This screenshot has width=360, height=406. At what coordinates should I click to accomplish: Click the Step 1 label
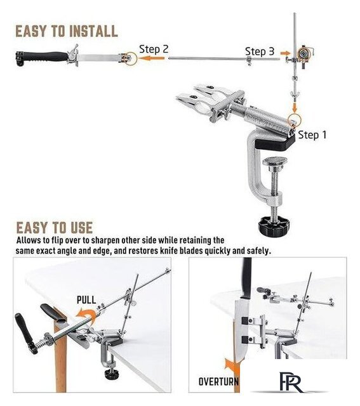pyautogui.click(x=312, y=135)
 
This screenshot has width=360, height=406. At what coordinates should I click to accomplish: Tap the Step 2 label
pyautogui.click(x=154, y=49)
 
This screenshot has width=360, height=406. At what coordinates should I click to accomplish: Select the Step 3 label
pyautogui.click(x=260, y=51)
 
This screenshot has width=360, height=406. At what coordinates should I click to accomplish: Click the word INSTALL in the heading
pyautogui.click(x=94, y=31)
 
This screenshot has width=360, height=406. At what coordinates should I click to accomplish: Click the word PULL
pyautogui.click(x=86, y=300)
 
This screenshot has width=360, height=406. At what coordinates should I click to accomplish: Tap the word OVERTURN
pyautogui.click(x=218, y=381)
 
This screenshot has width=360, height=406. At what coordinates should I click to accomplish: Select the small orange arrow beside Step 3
pyautogui.click(x=285, y=53)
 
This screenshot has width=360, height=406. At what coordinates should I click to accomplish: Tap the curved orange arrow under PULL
pyautogui.click(x=86, y=315)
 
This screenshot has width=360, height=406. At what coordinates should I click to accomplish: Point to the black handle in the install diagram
pyautogui.click(x=41, y=58)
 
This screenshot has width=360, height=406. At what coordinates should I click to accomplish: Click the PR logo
pyautogui.click(x=291, y=382)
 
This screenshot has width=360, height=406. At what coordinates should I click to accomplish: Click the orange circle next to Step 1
pyautogui.click(x=295, y=119)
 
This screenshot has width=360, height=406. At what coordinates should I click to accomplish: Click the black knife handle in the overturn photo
pyautogui.click(x=246, y=277)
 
